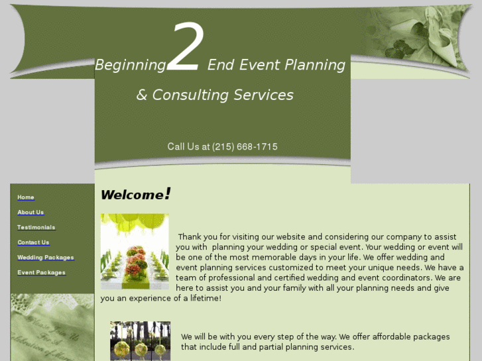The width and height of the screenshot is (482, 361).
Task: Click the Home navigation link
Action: pyautogui.click(x=26, y=197)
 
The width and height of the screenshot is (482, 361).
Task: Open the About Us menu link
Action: pyautogui.click(x=30, y=213)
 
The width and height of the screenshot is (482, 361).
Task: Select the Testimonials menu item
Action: pyautogui.click(x=36, y=227)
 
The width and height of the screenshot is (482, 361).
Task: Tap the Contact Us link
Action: pyautogui.click(x=33, y=242)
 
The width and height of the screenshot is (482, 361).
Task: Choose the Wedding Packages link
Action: pyautogui.click(x=45, y=258)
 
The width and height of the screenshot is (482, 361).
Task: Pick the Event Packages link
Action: pyautogui.click(x=41, y=272)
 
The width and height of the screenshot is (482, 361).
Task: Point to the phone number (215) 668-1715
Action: pyautogui.click(x=245, y=147)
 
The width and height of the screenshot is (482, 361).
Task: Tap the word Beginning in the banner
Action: pyautogui.click(x=130, y=65)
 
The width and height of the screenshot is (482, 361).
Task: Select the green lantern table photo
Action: pyautogui.click(x=135, y=251)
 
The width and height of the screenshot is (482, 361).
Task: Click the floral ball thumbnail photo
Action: pyautogui.click(x=140, y=340)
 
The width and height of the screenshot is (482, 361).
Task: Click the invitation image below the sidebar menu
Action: pyautogui.click(x=52, y=327)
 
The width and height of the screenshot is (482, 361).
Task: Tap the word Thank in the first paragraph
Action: pyautogui.click(x=190, y=236)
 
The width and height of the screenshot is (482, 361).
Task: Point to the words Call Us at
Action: pyautogui.click(x=188, y=147)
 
